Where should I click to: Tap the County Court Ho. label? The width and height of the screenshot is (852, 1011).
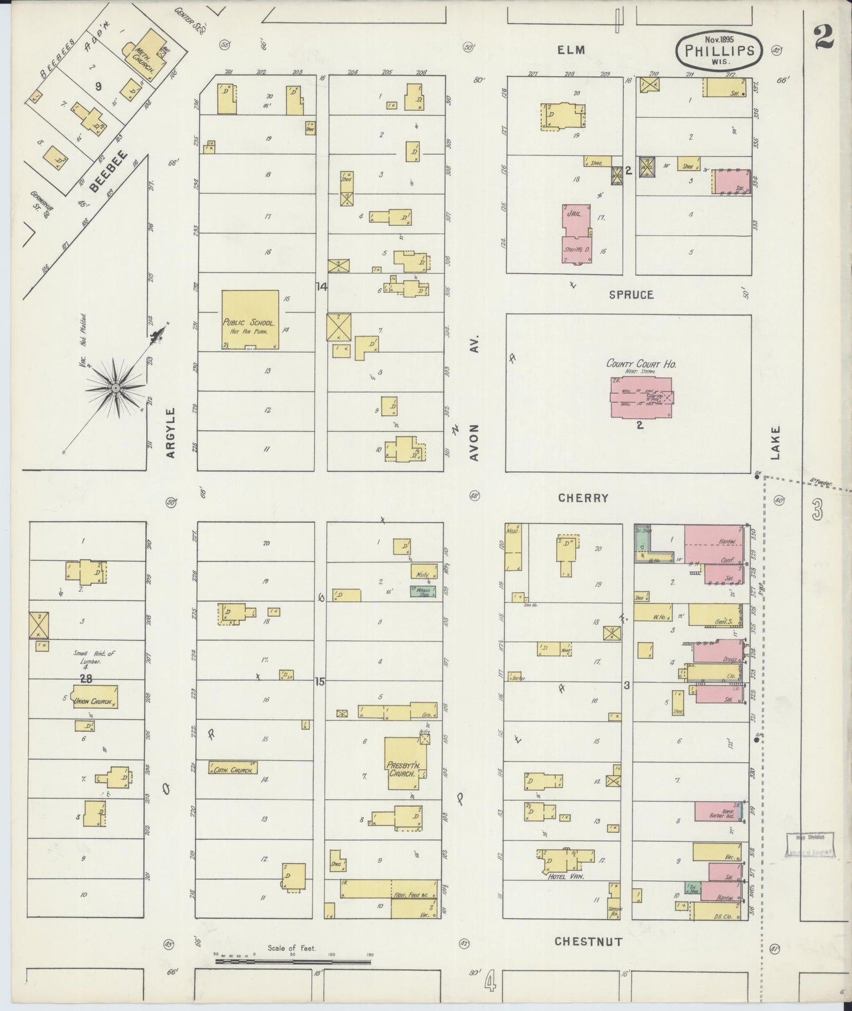pos(642,364)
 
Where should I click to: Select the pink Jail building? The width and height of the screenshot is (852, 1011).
pos(575,219)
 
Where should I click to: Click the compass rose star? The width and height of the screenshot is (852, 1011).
pos(116,388)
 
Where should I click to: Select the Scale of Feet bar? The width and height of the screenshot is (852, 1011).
pos(292,961)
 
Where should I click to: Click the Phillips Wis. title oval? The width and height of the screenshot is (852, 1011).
pos(719,51)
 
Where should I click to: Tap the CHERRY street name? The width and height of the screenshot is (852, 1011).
pos(583,498)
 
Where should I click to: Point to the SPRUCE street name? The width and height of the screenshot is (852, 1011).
pos(631,294)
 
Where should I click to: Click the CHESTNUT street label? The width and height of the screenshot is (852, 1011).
pos(588,941)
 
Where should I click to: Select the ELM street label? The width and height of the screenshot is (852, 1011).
pos(571,50)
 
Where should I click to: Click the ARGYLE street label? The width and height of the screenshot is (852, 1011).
pos(171,432)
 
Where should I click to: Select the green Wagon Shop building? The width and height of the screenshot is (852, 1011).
pos(424,592)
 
